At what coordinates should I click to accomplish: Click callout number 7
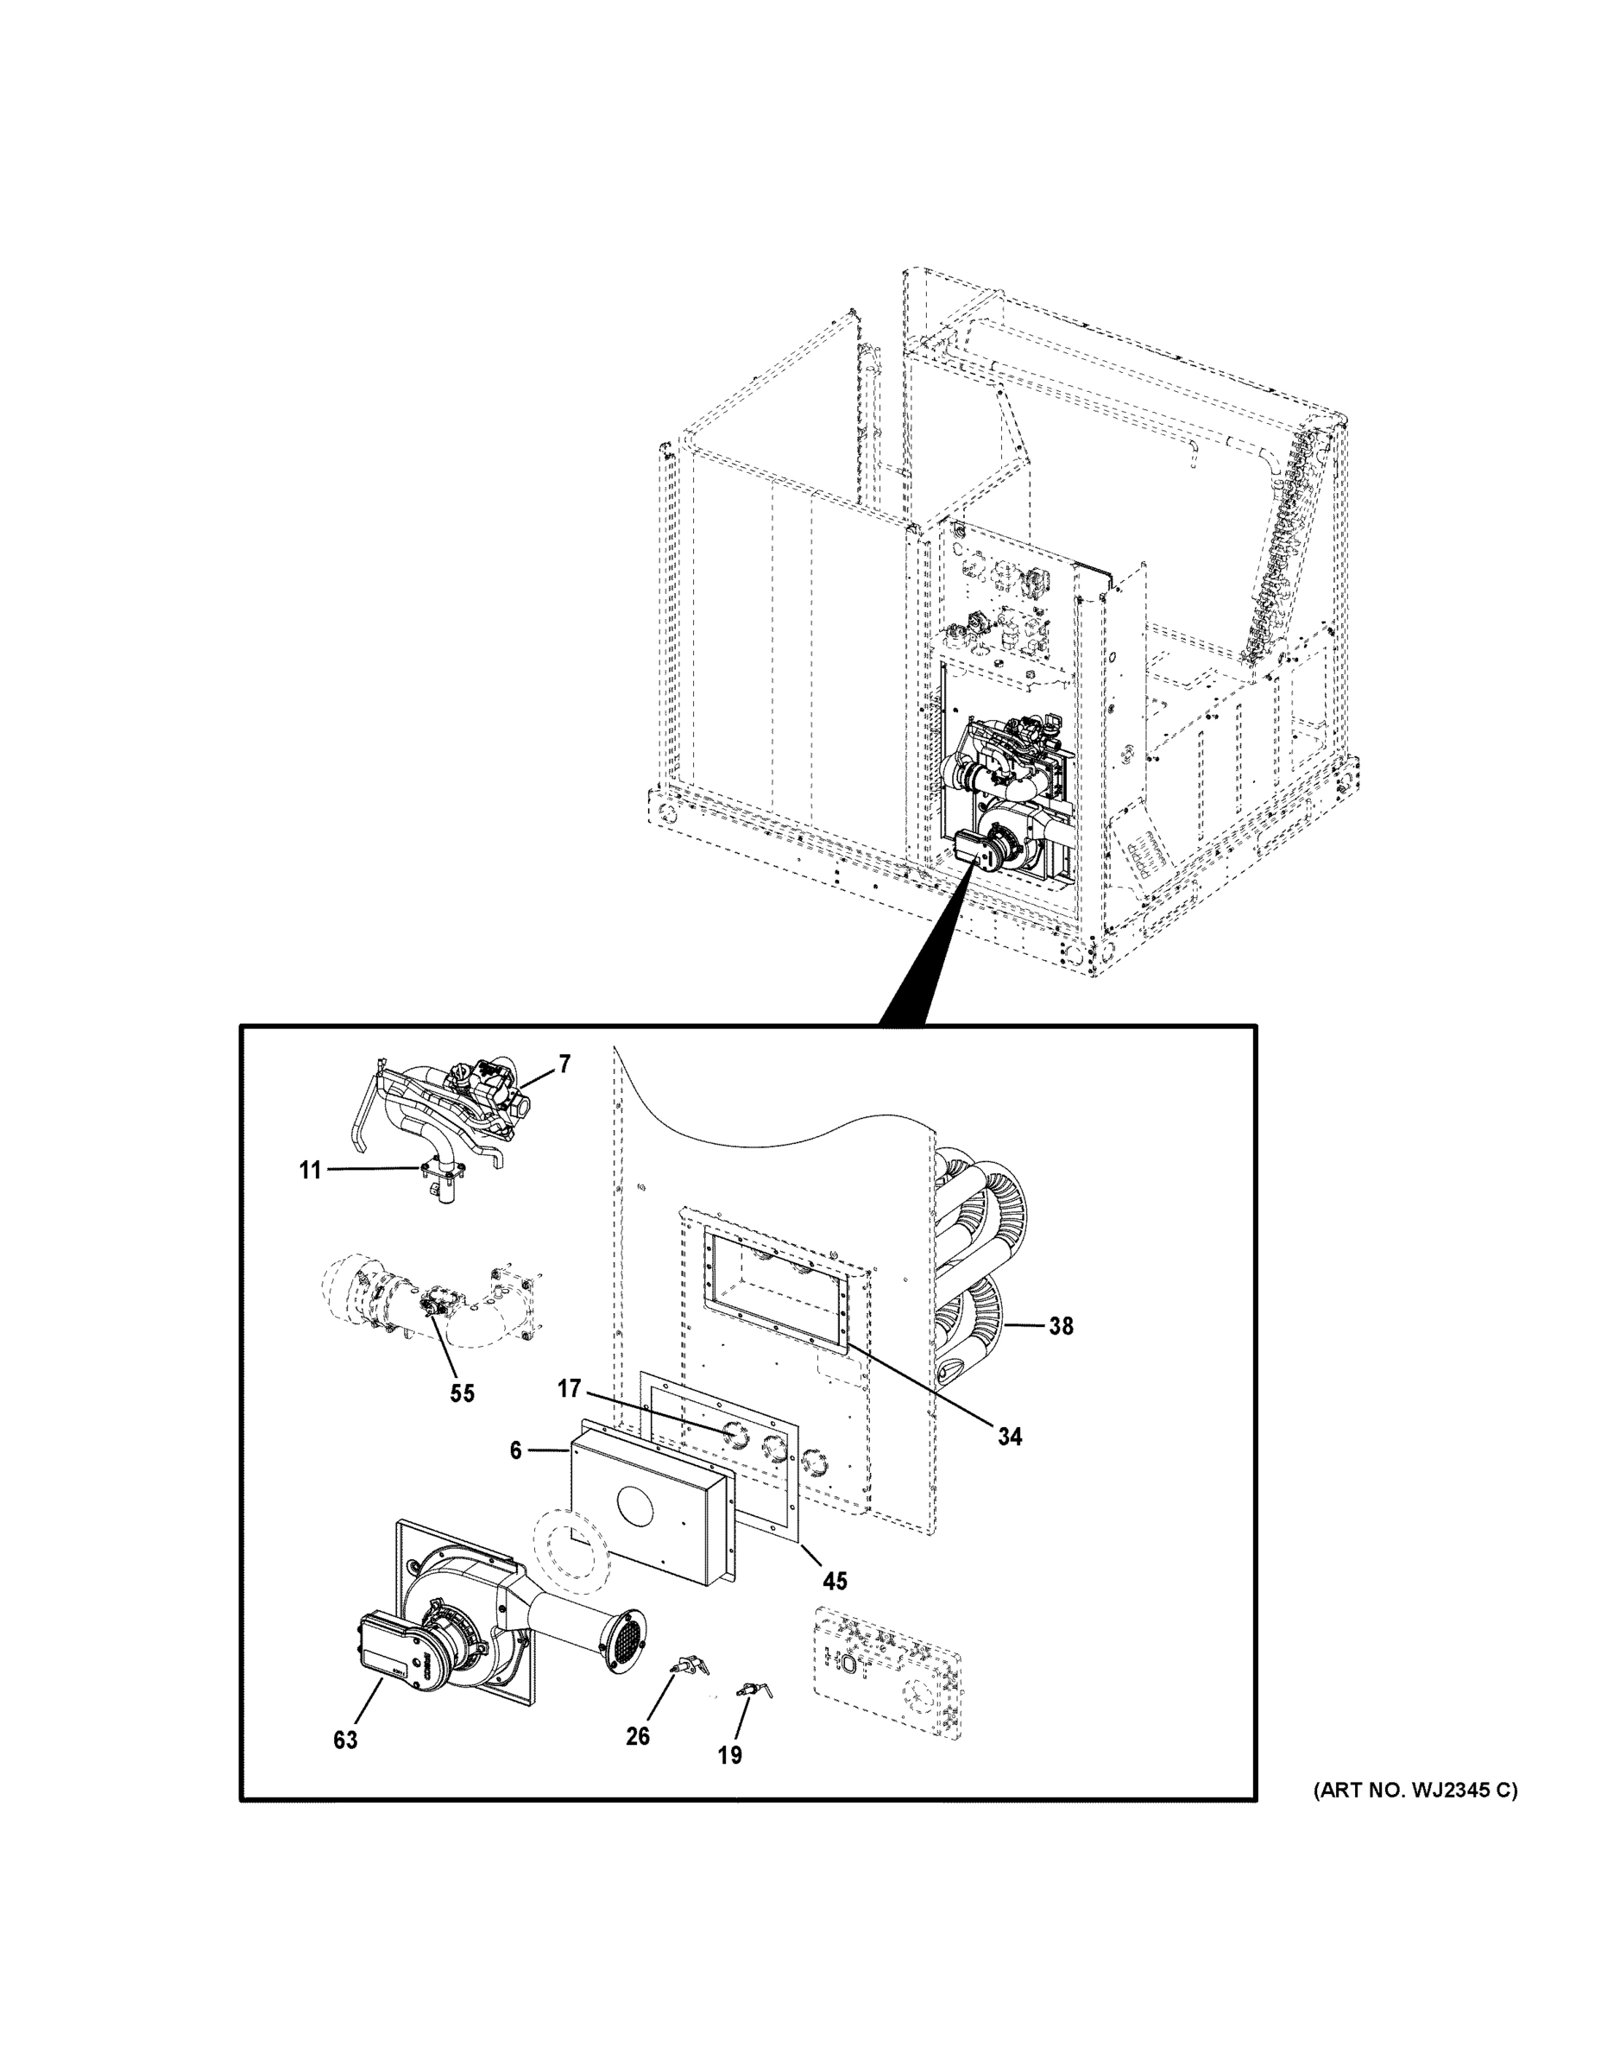564,1064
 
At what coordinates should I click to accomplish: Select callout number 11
310,1171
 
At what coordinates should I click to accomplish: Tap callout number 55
462,1393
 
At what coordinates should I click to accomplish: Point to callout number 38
1061,1326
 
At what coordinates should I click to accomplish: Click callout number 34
1009,1437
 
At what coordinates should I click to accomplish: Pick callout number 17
568,1390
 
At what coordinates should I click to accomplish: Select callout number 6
515,1450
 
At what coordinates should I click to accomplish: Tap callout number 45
835,1582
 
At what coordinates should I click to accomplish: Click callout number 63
345,1740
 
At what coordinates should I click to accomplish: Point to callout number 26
637,1736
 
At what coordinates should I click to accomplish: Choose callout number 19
729,1755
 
